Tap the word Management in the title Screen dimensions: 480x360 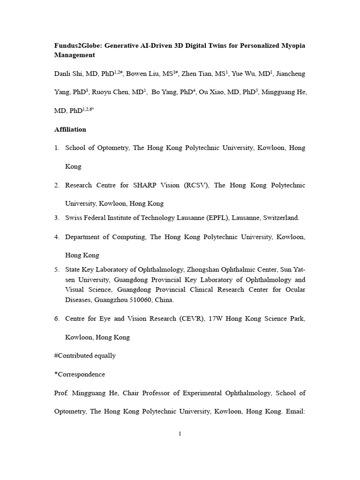[x=75, y=55]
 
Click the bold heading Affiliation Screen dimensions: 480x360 [x=70, y=129]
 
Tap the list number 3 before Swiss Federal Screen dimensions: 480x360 [x=56, y=218]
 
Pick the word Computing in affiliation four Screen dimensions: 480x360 [x=127, y=237]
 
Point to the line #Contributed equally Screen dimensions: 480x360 [x=85, y=355]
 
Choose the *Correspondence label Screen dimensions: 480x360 [x=80, y=374]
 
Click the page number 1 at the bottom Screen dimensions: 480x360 [x=180, y=434]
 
